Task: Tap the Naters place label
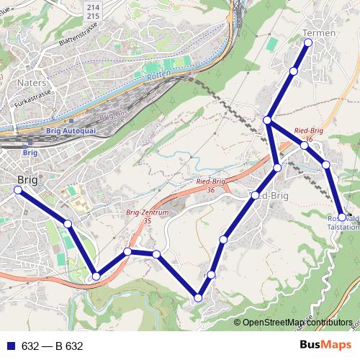[32, 83]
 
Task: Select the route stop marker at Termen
[308, 42]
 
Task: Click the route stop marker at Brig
[18, 189]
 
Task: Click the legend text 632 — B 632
[52, 346]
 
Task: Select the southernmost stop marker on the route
[198, 297]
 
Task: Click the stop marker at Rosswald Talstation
[342, 217]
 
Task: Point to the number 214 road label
[114, 6]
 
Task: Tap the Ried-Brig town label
[268, 195]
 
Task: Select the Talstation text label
[344, 227]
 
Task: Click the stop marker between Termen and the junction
[294, 71]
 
